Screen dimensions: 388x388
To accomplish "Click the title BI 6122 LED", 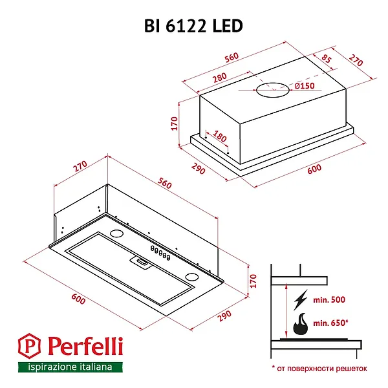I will (x=193, y=25).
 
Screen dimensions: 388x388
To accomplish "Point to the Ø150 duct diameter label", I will (x=304, y=87).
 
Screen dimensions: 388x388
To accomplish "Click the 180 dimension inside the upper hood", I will (x=220, y=138).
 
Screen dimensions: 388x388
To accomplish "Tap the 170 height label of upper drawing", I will (x=174, y=124).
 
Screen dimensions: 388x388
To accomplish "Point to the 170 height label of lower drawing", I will (x=253, y=281).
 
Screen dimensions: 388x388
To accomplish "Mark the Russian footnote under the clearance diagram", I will (x=319, y=368).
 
